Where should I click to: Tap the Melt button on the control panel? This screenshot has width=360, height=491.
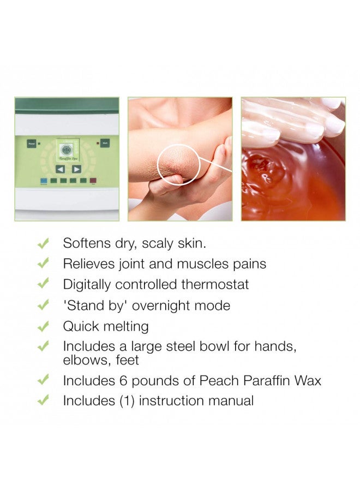coord(105,144)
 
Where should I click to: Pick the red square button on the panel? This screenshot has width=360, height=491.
coord(92,181)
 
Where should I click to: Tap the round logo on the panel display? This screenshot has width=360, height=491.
coord(67,150)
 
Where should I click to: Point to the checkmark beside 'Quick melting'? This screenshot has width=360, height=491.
coord(43,327)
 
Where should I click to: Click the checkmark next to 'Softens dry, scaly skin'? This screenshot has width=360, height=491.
coord(43,243)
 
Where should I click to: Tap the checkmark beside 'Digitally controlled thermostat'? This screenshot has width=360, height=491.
coord(43,284)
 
